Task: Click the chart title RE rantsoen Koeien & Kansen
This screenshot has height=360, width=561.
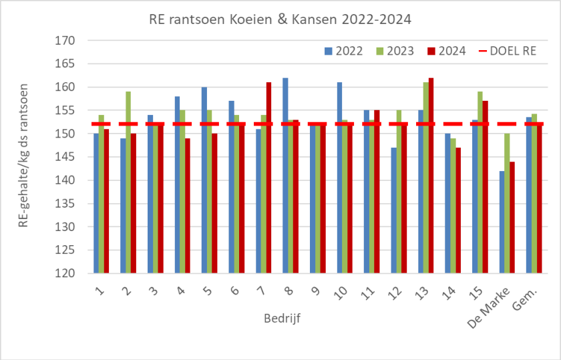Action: pyautogui.click(x=280, y=19)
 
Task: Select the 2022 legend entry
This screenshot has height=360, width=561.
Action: pyautogui.click(x=343, y=51)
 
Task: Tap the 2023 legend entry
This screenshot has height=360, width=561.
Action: pyautogui.click(x=395, y=51)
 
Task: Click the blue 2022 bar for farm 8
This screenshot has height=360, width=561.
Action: pyautogui.click(x=285, y=176)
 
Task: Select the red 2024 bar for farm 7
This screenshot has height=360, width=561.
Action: pyautogui.click(x=269, y=178)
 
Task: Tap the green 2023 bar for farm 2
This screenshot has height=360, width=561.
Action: pyautogui.click(x=128, y=182)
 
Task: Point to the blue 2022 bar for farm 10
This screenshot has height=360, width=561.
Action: pyautogui.click(x=339, y=178)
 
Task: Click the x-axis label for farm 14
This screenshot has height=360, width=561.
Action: pyautogui.click(x=450, y=289)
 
